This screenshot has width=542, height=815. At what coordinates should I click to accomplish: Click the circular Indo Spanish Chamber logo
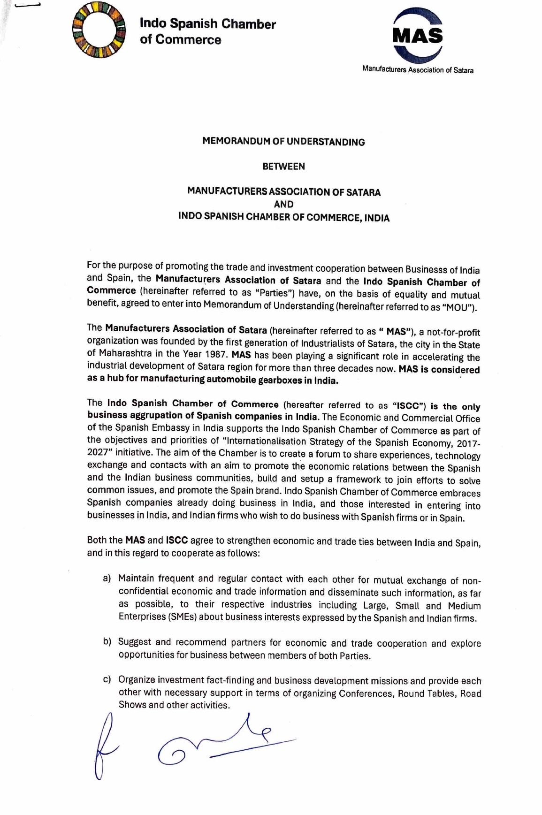[99, 30]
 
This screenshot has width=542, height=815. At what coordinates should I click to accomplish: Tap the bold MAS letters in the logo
[418, 36]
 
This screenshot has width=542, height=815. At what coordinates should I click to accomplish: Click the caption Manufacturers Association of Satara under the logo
[418, 70]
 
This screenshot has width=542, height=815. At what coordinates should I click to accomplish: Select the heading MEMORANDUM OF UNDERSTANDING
[283, 142]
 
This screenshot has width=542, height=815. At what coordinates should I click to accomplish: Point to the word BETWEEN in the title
[283, 166]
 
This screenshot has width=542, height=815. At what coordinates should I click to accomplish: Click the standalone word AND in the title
[283, 204]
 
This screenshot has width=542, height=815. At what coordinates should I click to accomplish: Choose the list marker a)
[107, 578]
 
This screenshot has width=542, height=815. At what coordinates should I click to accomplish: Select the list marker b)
[107, 641]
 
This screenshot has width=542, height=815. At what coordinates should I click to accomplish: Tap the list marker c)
[107, 679]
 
